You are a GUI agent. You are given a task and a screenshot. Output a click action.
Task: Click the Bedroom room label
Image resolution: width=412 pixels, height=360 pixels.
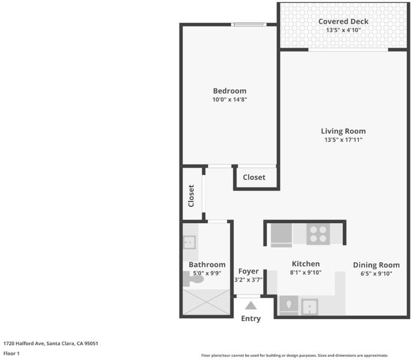tap(229, 91)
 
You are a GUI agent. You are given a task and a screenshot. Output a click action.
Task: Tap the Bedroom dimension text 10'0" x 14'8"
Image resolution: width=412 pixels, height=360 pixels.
tap(229, 100)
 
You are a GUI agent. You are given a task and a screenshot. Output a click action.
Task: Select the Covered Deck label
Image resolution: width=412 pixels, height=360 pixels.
tap(343, 22)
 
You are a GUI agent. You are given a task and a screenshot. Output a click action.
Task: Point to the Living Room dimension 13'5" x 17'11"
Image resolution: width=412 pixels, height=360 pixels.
tap(343, 140)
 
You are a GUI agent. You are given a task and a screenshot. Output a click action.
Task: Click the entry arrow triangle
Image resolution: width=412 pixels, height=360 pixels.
tap(250, 305)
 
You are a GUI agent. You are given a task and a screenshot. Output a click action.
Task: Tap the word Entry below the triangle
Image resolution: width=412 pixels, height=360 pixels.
tap(250, 319)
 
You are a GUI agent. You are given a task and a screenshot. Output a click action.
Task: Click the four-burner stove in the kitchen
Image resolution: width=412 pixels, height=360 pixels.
tap(318, 234)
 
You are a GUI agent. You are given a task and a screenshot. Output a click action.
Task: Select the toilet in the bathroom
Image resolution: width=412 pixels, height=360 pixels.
tap(193, 279)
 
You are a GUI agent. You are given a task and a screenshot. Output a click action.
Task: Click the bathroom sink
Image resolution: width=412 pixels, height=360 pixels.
tap(189, 242)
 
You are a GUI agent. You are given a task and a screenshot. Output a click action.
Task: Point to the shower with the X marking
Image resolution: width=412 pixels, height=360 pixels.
tap(207, 302)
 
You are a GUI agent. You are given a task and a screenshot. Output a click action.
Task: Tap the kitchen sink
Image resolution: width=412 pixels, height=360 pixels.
tap(309, 307)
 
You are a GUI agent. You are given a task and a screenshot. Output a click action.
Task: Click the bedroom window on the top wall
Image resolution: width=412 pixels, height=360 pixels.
tap(249, 25)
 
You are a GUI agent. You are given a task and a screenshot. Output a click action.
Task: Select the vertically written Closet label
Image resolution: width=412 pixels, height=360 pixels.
tap(191, 196)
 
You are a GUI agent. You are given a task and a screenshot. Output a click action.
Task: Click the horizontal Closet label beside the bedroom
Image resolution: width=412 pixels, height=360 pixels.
tap(254, 177)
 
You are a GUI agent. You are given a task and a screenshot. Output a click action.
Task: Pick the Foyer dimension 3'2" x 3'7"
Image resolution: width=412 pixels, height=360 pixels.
tap(248, 280)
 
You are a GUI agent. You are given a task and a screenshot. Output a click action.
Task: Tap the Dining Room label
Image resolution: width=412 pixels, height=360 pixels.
tap(376, 265)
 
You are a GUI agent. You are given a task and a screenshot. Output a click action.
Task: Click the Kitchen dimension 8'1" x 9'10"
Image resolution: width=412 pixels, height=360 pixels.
tap(306, 272)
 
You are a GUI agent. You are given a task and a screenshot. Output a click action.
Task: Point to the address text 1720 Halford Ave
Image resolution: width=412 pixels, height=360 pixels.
tap(23, 343)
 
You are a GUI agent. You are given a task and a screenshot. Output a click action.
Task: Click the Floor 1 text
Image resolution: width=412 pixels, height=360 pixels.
tap(11, 353)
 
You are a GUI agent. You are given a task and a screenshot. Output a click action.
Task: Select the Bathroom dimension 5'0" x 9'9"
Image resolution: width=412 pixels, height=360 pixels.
tap(207, 274)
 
